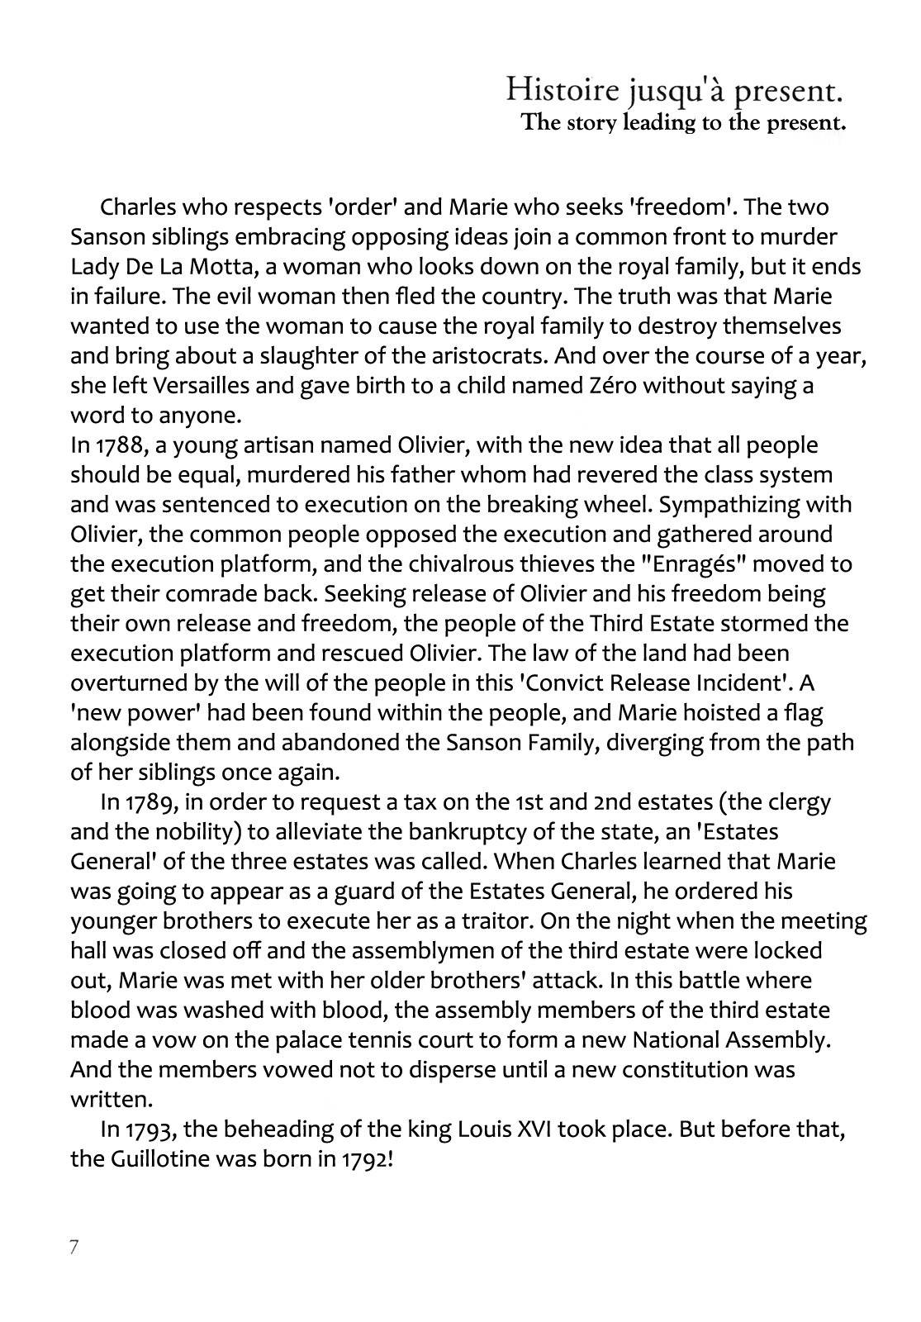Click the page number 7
click(74, 1247)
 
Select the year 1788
click(119, 445)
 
